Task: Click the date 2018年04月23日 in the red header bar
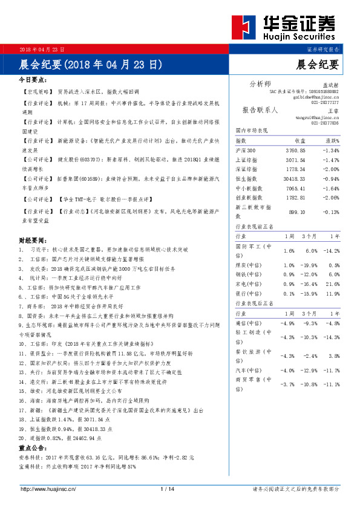tap(42, 49)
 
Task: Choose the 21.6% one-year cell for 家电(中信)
tap(332, 284)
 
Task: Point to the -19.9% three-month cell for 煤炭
tap(309, 265)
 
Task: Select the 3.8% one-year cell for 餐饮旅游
tap(332, 355)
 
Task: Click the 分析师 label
tap(260, 83)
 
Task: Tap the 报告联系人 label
tap(260, 110)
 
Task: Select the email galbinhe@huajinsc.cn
tap(316, 97)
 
